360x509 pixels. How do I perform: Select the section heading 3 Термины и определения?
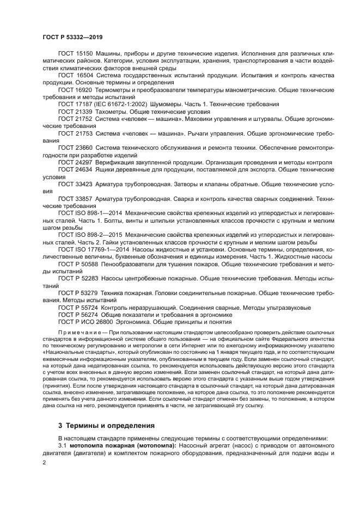106,425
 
